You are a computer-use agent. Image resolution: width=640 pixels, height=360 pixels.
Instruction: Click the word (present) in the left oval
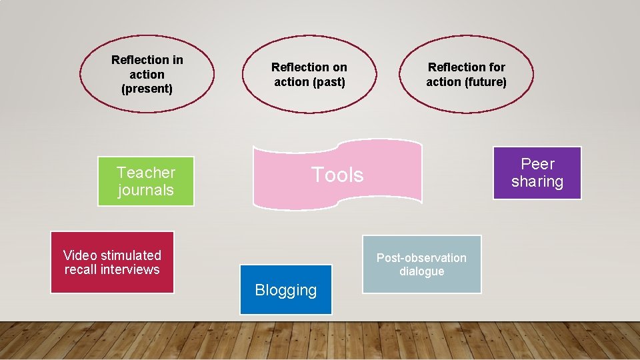coord(147,89)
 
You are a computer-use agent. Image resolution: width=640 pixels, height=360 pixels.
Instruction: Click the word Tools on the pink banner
coord(337,175)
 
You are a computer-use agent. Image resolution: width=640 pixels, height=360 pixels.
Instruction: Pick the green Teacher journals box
coord(146,181)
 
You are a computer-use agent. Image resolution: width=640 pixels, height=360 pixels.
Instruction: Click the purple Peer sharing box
coord(537,173)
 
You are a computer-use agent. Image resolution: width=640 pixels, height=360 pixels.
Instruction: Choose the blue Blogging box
coord(285,290)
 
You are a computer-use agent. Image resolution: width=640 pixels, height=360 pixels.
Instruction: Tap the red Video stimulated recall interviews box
coord(112,262)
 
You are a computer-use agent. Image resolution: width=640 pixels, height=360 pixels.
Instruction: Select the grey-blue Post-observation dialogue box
coord(421,264)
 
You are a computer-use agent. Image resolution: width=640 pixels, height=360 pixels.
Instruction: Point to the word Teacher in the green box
coord(146,173)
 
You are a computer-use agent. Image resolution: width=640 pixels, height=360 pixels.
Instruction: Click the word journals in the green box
coord(146,190)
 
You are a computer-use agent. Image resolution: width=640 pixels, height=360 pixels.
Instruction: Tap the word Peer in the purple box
coord(537,164)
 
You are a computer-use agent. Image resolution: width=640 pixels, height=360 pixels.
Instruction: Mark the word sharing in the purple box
coord(537,181)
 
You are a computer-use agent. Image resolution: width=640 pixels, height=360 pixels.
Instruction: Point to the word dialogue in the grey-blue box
coord(421,271)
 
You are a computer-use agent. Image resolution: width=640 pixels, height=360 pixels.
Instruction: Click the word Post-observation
coord(421,257)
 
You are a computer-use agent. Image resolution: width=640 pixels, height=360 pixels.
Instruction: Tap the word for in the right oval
coord(497,67)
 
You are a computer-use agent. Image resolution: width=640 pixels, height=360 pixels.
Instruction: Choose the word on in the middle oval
coord(340,67)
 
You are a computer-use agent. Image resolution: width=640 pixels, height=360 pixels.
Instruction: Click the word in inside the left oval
coord(177,60)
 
